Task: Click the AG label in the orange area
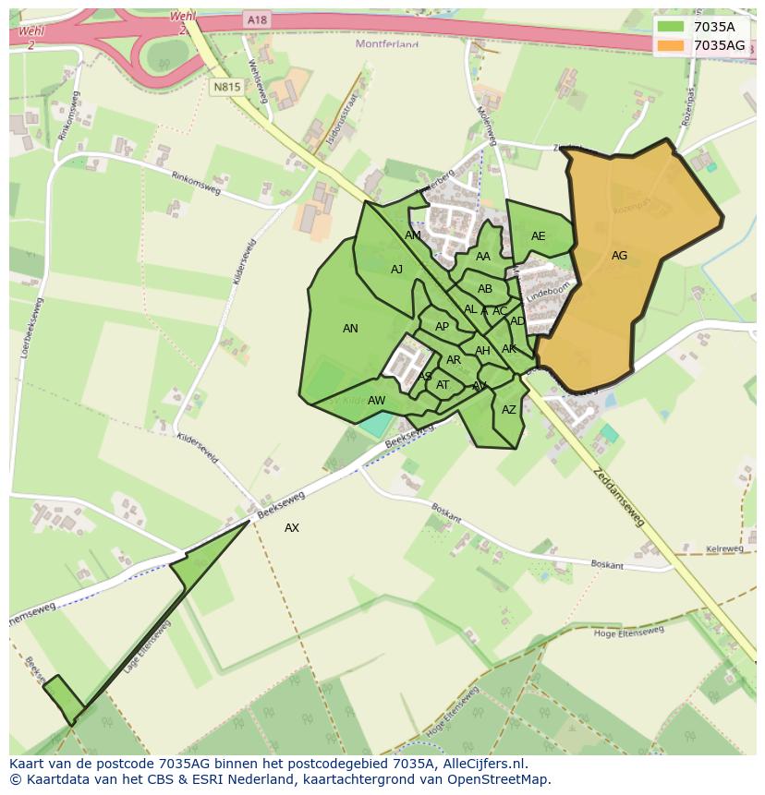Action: tap(619, 256)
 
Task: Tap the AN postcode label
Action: tap(350, 329)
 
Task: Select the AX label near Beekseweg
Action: tap(292, 528)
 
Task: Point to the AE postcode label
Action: tap(538, 236)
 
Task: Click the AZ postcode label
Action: tap(509, 410)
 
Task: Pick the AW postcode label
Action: tap(376, 401)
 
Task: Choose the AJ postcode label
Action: tap(396, 270)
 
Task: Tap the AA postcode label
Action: tap(483, 257)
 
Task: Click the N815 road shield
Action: tap(226, 88)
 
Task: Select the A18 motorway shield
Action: tap(257, 19)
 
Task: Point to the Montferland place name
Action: tap(387, 43)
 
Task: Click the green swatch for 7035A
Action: tap(671, 27)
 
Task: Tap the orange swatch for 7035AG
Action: tap(671, 45)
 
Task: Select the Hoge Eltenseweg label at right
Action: tap(629, 632)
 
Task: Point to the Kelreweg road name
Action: tap(724, 549)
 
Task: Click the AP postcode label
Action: tap(442, 327)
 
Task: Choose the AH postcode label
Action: tap(482, 351)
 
